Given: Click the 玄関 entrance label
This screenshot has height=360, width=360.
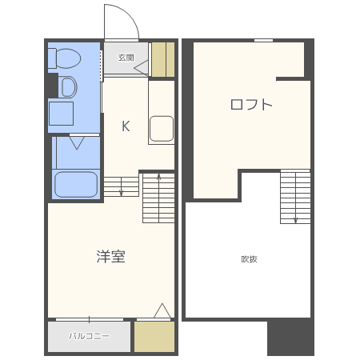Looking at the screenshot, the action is [x=126, y=58].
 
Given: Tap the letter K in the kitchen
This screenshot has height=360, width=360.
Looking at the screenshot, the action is [x=126, y=126].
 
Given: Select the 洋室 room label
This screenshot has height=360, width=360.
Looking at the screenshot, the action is [x=111, y=257].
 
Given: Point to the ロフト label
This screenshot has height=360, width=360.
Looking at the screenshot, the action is [x=251, y=105].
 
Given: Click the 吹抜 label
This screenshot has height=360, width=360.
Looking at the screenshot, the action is [x=249, y=259].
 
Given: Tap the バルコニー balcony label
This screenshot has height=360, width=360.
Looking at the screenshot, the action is [x=89, y=336].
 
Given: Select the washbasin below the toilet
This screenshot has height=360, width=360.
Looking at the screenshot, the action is [x=68, y=87].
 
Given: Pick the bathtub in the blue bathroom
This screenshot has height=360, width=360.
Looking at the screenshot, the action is [x=76, y=184].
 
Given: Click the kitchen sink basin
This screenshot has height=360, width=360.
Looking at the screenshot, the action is [x=162, y=129].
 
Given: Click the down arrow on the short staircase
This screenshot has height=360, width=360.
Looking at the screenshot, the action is [x=122, y=186].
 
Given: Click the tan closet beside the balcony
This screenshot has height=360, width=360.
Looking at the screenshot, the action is [x=154, y=337].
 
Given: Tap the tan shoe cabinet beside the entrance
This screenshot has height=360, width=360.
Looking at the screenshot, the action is [x=163, y=59].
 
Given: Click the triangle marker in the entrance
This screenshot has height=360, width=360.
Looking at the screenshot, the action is [x=141, y=68].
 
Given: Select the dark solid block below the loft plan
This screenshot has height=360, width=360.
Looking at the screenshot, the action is [x=290, y=337].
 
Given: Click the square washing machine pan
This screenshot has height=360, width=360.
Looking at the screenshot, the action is [x=61, y=114].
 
